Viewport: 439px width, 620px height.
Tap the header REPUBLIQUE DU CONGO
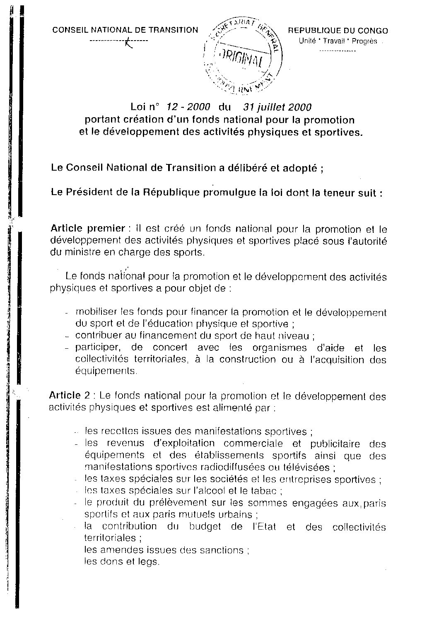[338, 31]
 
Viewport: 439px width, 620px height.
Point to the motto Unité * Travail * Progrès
[338, 41]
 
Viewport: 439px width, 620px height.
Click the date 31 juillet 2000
[277, 107]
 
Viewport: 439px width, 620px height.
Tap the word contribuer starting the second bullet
[97, 336]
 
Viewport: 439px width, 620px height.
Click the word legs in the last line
[151, 562]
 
